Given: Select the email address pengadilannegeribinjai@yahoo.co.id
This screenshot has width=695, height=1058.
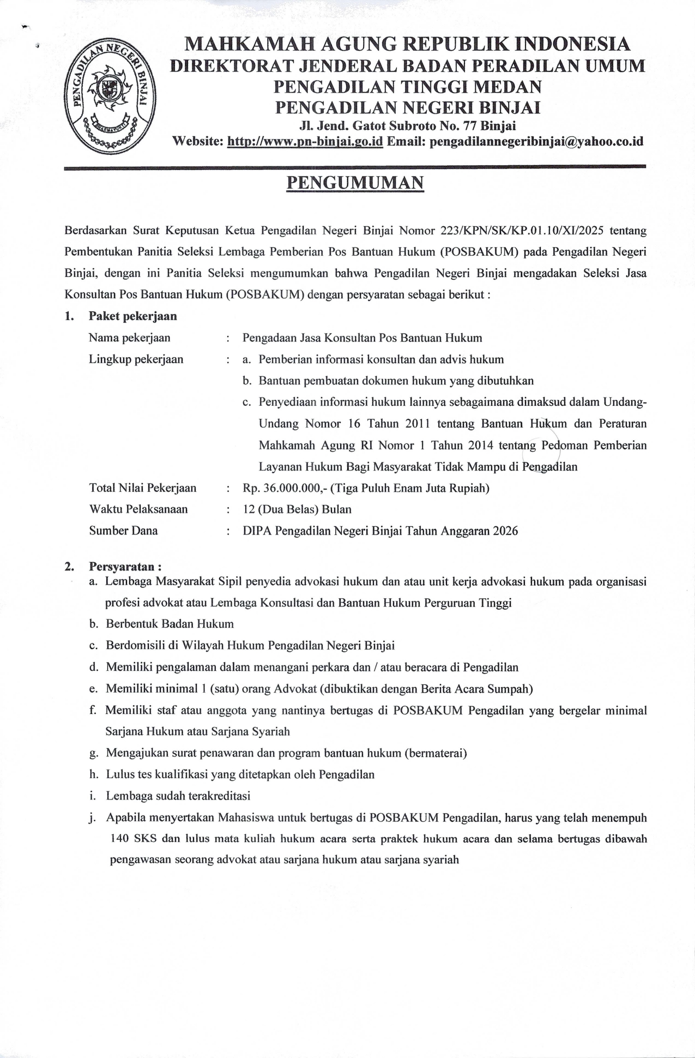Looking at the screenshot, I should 536,142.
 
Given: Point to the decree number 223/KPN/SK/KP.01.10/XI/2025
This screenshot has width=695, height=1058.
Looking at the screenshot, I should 522,230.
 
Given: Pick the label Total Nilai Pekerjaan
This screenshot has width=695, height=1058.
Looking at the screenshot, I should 143,488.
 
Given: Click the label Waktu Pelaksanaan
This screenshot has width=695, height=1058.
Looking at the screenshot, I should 138,509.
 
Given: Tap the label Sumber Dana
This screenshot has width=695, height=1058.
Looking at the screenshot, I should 123,531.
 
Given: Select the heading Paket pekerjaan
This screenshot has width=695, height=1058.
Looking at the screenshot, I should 133,316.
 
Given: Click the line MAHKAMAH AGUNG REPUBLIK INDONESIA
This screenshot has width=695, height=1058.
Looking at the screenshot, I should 408,44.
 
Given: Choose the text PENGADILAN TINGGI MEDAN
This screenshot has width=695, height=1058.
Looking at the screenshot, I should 408,87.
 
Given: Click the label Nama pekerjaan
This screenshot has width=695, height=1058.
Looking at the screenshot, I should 129,338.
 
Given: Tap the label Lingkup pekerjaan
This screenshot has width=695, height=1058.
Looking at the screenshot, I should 136,359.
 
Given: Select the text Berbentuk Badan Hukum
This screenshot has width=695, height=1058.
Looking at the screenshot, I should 170,624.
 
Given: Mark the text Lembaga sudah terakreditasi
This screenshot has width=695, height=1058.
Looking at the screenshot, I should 178,796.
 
